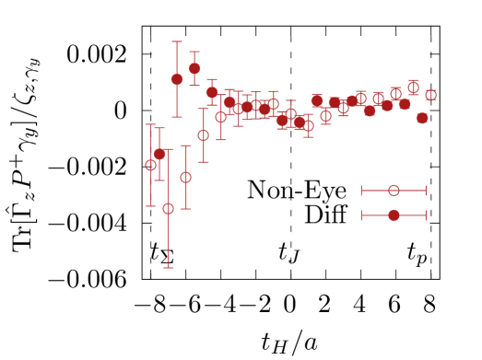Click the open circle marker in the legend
coord(394,191)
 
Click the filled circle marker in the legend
coord(394,215)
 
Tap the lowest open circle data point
coord(169,209)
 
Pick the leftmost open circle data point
coord(151,166)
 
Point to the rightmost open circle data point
coord(430,95)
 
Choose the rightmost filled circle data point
coord(422,118)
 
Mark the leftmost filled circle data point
coord(159,154)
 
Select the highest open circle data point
coord(413,88)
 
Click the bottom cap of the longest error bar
coord(169,268)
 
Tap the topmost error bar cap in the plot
coord(177,41)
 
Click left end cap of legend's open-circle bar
coord(361,191)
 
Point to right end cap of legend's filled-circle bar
coord(426,215)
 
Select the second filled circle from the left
coord(177,79)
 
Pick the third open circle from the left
coord(186,177)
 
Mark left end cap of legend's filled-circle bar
coord(361,215)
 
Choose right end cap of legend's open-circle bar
coord(426,191)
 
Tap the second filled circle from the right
coord(405,104)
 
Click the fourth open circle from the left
coord(204,135)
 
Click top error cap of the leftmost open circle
coord(151,124)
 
